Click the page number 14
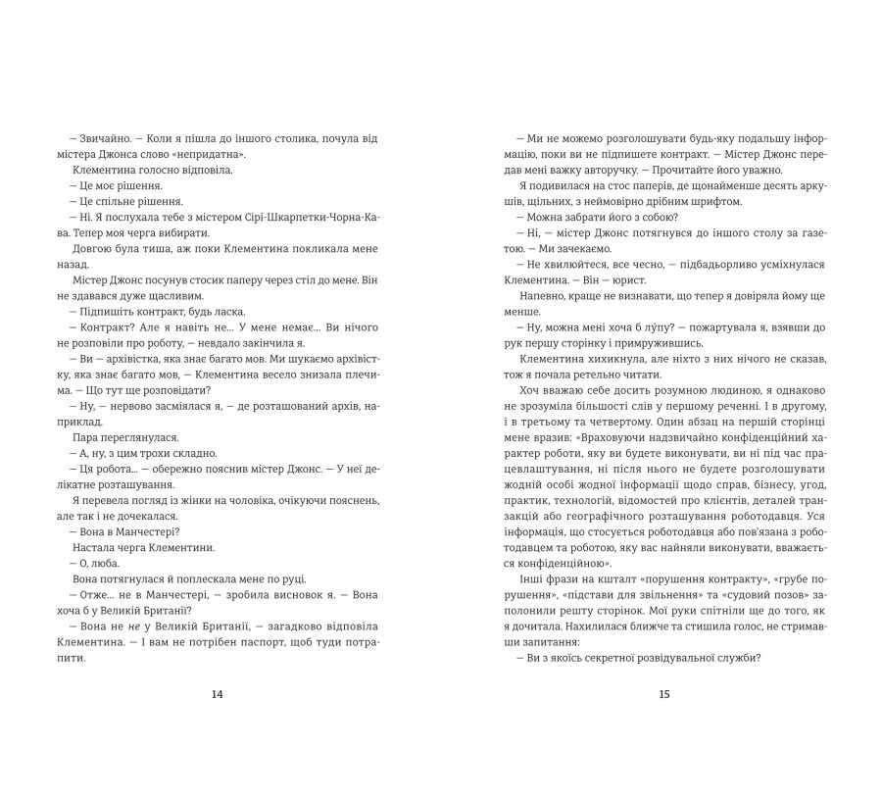click(218, 694)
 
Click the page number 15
click(663, 694)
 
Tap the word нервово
click(122, 402)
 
